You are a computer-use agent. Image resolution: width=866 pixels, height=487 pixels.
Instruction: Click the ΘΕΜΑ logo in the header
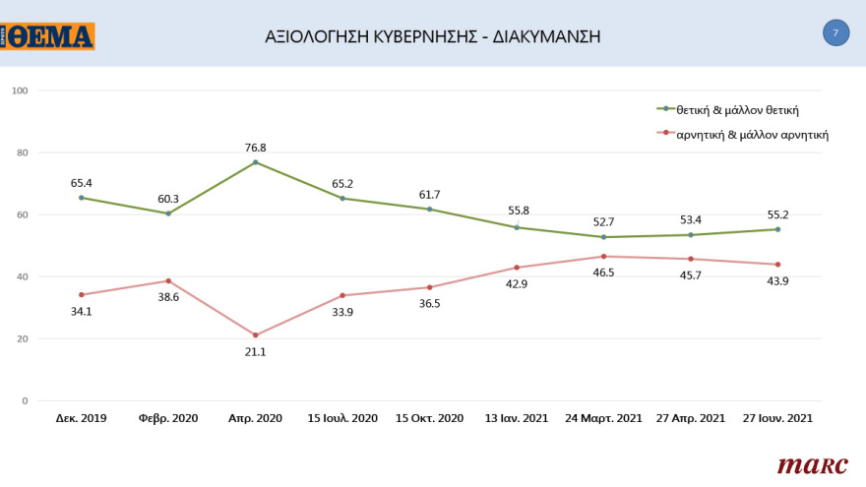tap(48, 36)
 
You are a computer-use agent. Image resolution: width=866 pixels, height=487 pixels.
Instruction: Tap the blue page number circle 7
tap(835, 33)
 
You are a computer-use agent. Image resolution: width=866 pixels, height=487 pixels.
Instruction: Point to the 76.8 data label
tap(256, 149)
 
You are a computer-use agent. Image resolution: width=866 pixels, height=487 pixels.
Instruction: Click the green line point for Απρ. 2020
tap(256, 162)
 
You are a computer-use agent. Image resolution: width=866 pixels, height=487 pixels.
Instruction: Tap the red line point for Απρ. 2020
tap(256, 335)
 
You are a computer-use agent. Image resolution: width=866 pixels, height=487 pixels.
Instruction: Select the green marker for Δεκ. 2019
tap(82, 198)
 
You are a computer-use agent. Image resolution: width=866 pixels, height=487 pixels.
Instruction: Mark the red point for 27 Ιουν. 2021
tap(777, 265)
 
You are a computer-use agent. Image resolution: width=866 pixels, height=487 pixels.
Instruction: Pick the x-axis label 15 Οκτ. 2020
tap(430, 418)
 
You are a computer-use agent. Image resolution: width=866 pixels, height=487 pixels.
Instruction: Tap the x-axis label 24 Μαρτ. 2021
tap(603, 418)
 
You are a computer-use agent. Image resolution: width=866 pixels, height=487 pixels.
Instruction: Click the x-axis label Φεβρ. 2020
tap(168, 418)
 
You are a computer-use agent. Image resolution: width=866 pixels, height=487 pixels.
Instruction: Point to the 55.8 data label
tap(517, 212)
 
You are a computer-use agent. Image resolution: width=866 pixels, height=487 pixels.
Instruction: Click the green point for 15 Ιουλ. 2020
tap(342, 199)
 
